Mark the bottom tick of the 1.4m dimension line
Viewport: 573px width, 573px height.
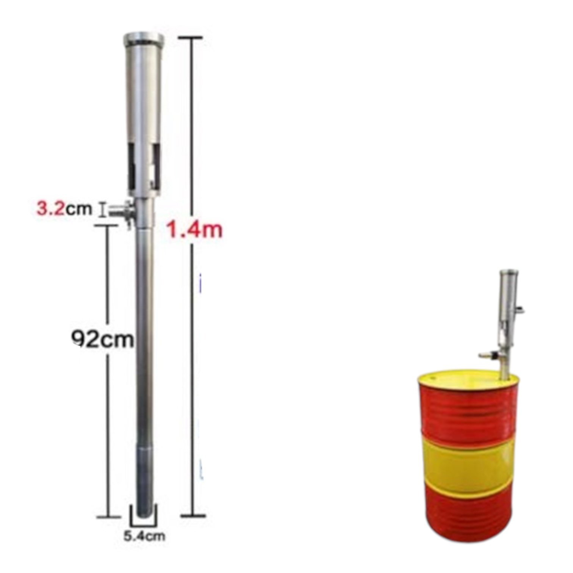point(193,515)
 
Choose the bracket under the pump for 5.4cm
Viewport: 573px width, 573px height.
point(144,522)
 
